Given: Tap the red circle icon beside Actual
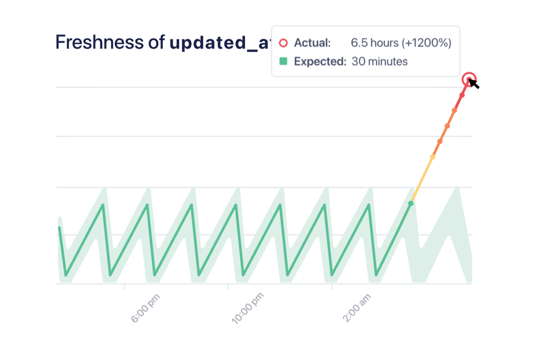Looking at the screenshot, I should [284, 43].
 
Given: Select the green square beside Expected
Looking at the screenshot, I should [284, 61].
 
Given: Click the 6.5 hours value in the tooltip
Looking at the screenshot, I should [374, 43].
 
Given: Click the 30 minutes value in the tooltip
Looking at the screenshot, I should [379, 61].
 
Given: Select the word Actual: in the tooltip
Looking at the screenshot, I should [312, 43].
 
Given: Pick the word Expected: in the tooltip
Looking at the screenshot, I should [320, 61].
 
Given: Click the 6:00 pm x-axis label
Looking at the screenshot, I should [145, 308].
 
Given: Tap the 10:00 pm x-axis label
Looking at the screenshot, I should [247, 308].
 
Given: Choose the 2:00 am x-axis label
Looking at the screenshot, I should [356, 308].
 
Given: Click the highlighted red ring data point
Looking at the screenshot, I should [469, 79].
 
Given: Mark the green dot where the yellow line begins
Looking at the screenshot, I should [410, 203].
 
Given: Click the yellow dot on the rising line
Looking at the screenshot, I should [432, 157].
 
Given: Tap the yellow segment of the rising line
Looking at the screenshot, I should [421, 180].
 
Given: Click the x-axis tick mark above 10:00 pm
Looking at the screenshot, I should [228, 287].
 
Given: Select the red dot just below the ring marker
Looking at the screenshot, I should [462, 95].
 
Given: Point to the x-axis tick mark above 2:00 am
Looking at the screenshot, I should [332, 287].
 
